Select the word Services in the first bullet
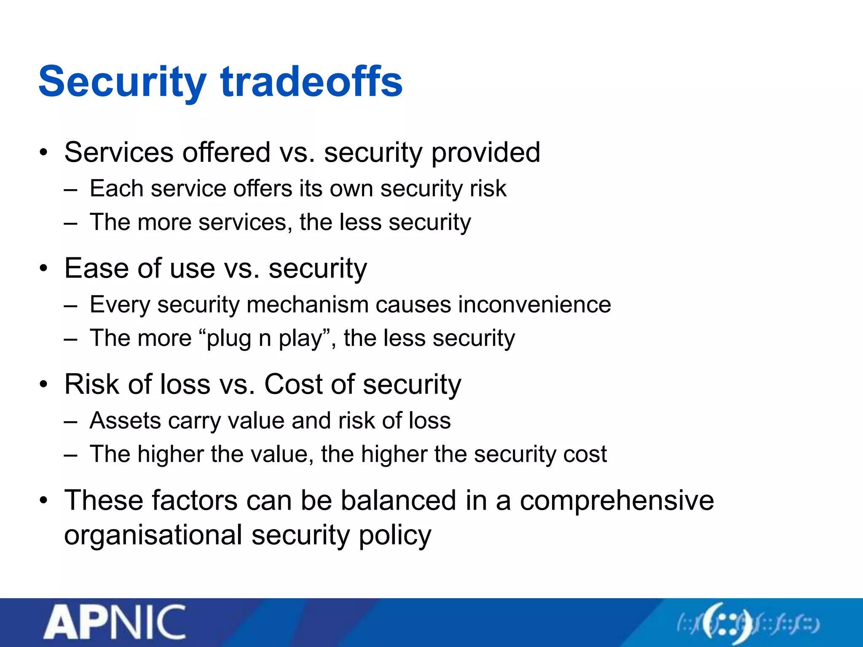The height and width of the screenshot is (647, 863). click(119, 152)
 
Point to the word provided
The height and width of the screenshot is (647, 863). click(486, 152)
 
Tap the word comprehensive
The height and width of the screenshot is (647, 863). click(617, 500)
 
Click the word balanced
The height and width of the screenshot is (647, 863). click(399, 500)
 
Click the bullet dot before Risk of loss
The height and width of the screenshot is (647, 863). click(44, 385)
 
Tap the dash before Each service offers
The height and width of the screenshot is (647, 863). click(71, 189)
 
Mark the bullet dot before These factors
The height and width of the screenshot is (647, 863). click(44, 501)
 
